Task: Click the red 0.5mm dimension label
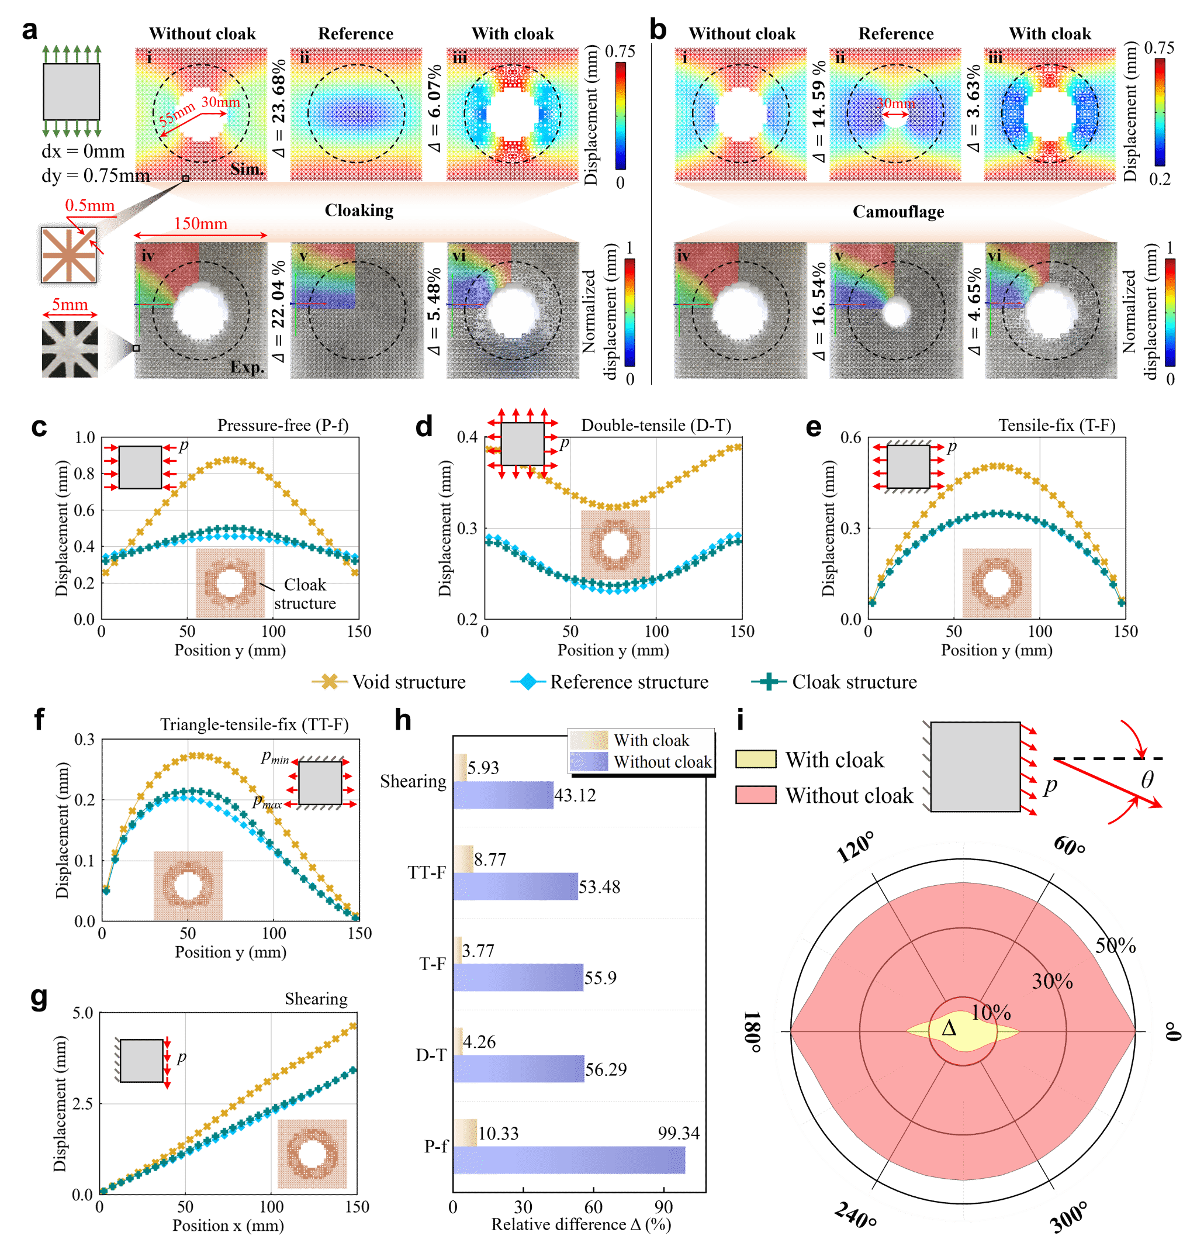89,206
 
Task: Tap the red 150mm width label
200,224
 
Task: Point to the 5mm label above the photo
70,305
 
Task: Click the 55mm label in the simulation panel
177,113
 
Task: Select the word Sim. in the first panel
247,169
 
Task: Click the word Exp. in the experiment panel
247,368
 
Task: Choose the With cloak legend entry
651,740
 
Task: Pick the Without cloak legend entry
662,762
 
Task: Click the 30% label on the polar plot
1052,981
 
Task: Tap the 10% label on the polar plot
991,1012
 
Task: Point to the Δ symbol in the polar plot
949,1028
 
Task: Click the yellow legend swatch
756,759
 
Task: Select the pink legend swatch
756,795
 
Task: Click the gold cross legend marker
329,682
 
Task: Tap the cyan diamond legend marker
528,682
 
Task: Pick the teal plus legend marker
768,682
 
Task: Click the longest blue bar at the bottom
569,1160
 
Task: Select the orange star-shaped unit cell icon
69,255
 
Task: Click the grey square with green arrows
71,91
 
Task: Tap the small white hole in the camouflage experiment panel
896,312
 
